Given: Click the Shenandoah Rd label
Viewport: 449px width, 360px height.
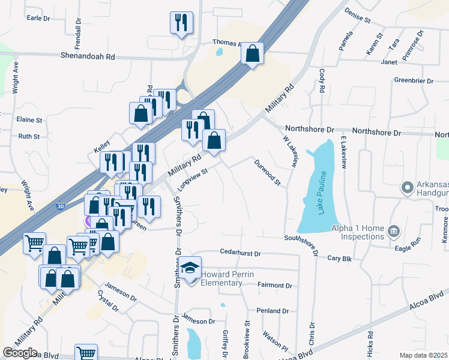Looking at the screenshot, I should click(87, 56).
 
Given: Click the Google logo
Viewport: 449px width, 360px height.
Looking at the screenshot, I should click(20, 353).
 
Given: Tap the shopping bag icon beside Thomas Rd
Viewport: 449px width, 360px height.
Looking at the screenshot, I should click(253, 54).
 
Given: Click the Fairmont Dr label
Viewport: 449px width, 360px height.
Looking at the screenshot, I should click(274, 286).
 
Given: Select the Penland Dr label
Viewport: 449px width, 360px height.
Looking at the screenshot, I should click(273, 311).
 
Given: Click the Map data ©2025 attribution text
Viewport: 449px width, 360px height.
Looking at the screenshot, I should click(423, 355).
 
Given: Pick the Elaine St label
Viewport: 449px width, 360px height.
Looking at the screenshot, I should click(30, 120).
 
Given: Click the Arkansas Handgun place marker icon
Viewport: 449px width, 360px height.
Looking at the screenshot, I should click(408, 188).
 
